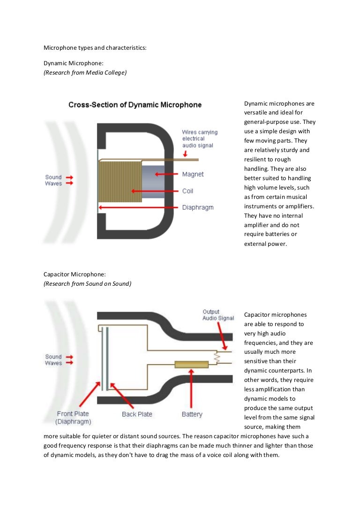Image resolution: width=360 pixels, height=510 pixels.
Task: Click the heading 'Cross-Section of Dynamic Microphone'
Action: (x=135, y=105)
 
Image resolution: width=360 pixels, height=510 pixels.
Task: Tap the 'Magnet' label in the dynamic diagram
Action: (x=193, y=175)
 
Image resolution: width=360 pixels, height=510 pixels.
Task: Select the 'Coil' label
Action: (x=187, y=191)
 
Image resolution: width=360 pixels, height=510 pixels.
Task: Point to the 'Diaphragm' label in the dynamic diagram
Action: (x=197, y=207)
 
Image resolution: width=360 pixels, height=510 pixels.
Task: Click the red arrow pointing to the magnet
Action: (x=166, y=174)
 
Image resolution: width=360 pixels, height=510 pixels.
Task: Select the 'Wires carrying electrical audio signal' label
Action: (x=200, y=139)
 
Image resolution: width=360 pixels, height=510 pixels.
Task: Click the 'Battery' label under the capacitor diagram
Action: (x=192, y=414)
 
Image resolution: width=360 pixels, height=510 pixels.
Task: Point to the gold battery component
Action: (x=191, y=364)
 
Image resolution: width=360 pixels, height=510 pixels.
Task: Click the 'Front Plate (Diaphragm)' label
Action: (x=73, y=418)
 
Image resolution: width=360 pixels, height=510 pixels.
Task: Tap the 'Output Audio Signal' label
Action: (x=217, y=315)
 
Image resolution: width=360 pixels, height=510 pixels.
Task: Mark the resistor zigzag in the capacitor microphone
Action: (x=217, y=358)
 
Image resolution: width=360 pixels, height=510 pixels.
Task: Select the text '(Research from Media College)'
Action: (x=85, y=72)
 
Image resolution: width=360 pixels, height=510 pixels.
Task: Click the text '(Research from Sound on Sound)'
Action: (x=88, y=283)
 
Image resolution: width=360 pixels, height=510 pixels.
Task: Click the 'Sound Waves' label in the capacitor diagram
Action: (x=53, y=360)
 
